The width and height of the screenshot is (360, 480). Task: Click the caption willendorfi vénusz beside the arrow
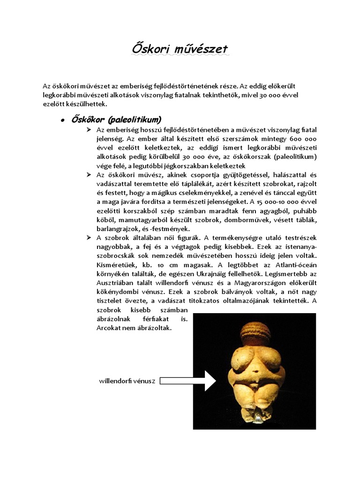click(127, 381)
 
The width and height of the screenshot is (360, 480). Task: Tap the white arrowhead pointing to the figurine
click(209, 381)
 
